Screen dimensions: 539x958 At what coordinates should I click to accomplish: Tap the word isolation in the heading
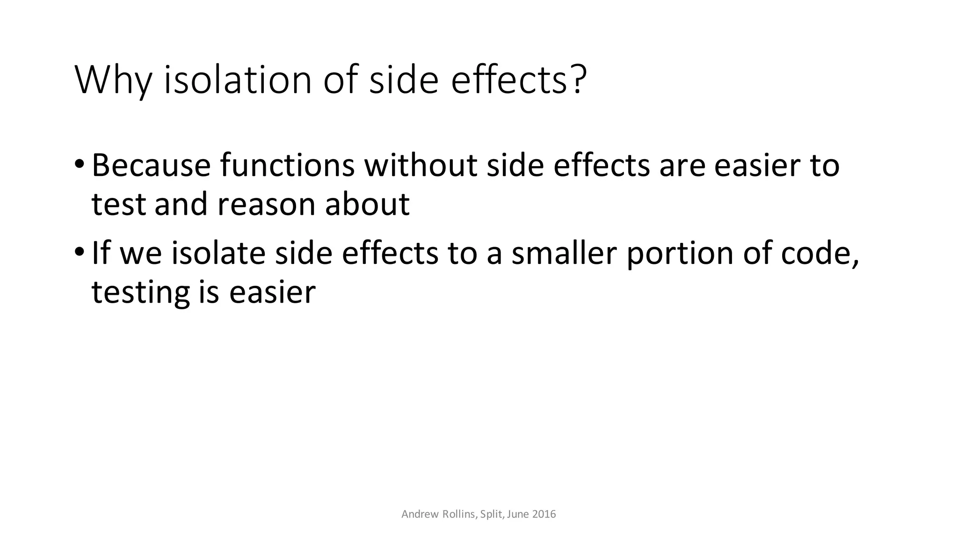pyautogui.click(x=238, y=80)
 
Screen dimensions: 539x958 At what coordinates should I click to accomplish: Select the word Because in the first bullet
pyautogui.click(x=151, y=166)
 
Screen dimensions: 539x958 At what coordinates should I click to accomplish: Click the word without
pyautogui.click(x=421, y=166)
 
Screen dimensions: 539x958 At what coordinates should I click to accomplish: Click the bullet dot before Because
pyautogui.click(x=79, y=165)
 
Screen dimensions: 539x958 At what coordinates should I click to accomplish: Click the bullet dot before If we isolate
pyautogui.click(x=79, y=253)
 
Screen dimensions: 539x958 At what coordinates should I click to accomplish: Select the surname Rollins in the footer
pyautogui.click(x=459, y=514)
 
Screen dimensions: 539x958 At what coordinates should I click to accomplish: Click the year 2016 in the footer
pyautogui.click(x=544, y=514)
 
